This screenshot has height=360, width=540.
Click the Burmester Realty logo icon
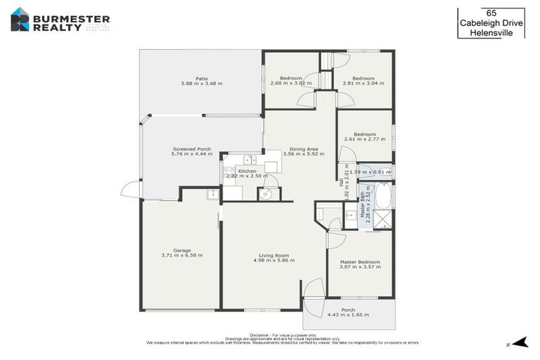pos(20,19)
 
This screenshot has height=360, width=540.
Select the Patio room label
pos(201,78)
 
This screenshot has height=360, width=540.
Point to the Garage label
pos(182,250)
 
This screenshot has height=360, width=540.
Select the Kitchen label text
pos(247,171)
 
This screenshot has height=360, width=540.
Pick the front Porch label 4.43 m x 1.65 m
pos(348,310)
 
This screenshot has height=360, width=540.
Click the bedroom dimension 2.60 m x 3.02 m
pos(290,82)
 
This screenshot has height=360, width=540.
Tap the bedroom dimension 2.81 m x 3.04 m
pos(363,82)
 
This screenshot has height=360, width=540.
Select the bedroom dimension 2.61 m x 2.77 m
pos(364,139)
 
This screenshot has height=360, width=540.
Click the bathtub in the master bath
pos(382,195)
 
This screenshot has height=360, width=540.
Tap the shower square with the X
pos(383,219)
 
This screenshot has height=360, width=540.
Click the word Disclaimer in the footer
pos(262,335)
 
